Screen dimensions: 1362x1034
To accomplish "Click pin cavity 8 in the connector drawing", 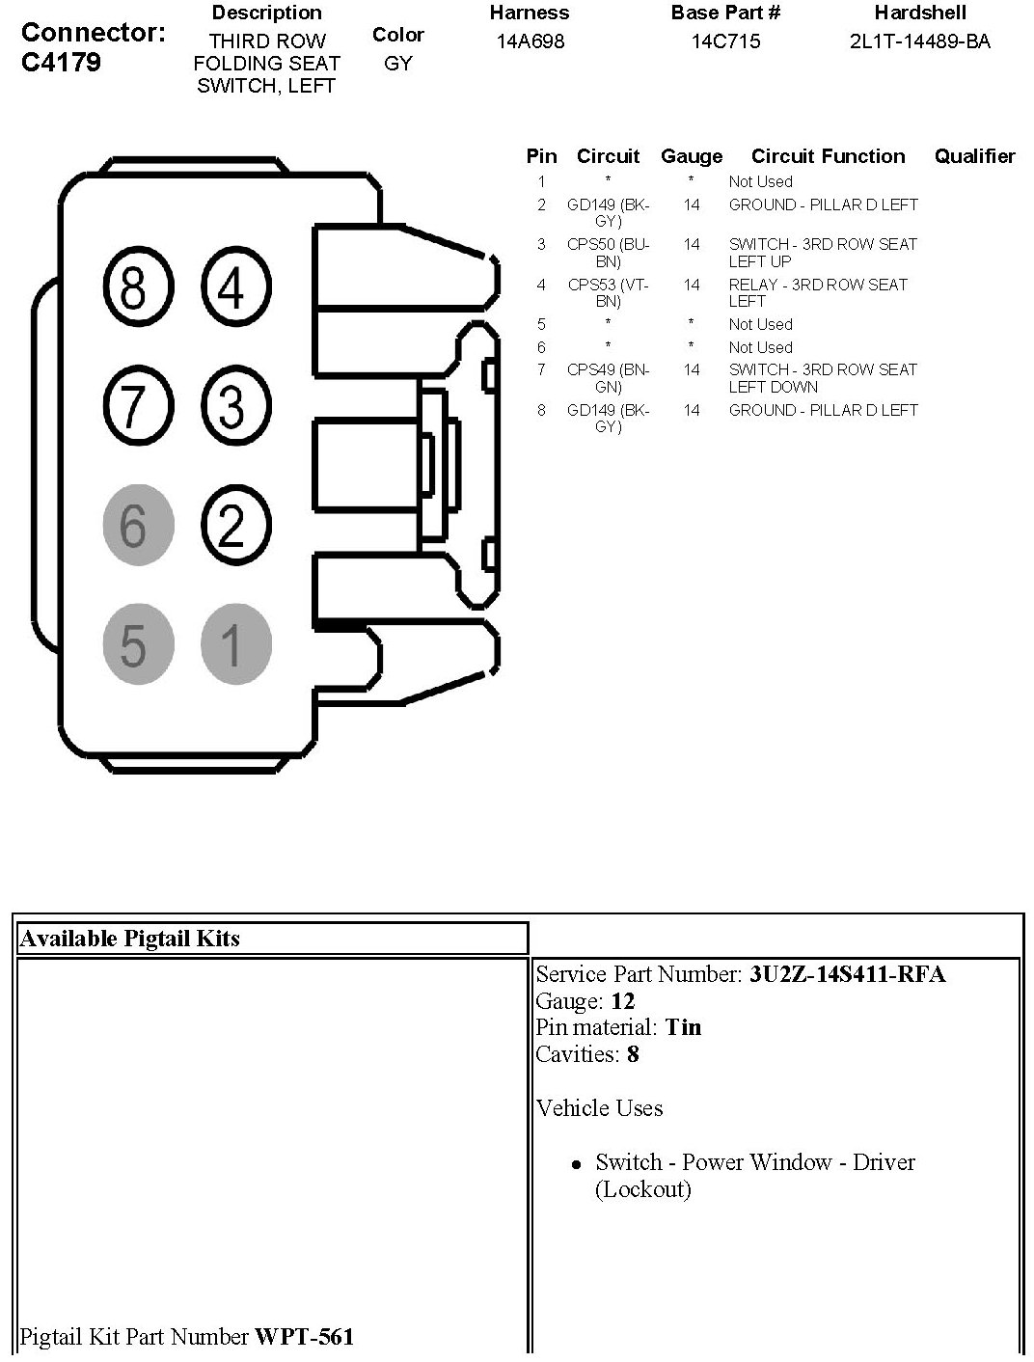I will [x=137, y=286].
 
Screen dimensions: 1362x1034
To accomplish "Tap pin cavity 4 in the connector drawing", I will [x=235, y=286].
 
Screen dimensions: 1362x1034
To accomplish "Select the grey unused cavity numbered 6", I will [x=137, y=526].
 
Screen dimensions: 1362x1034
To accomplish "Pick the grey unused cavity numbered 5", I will [x=137, y=643].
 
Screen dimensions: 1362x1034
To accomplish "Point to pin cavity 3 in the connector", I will [x=235, y=405].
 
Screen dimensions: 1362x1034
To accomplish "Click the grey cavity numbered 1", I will [x=235, y=643].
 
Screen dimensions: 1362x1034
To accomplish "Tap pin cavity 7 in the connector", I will [x=137, y=405].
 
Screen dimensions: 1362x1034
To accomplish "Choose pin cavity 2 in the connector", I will [x=235, y=526].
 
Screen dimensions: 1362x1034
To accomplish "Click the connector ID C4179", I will [x=61, y=63].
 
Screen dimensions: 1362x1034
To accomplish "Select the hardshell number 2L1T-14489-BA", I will [x=919, y=41].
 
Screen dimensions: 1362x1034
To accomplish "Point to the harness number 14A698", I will [x=530, y=41].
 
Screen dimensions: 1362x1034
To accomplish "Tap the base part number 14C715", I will [x=725, y=41].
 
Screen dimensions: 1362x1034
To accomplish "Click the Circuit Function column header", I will [x=828, y=156].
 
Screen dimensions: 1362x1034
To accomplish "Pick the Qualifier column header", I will [x=974, y=156].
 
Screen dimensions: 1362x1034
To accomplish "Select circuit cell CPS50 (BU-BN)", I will [x=608, y=253].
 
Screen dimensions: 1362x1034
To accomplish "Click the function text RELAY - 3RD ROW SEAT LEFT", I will [x=818, y=292].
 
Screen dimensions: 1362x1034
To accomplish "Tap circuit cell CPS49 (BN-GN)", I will [x=608, y=378].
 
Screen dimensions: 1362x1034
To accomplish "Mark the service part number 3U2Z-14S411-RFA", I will [x=847, y=974].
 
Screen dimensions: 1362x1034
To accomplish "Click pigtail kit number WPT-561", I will [x=304, y=1337].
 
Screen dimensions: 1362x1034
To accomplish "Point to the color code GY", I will [x=398, y=64].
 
